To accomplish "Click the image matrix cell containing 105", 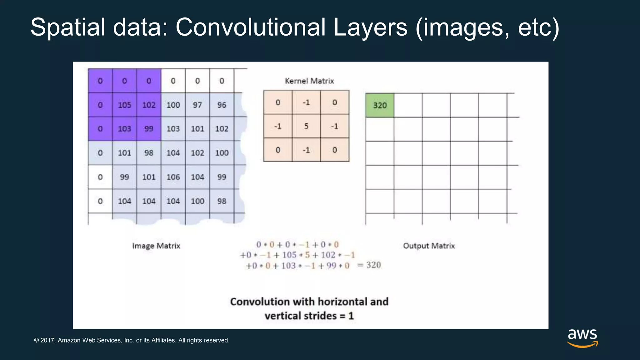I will (124, 105).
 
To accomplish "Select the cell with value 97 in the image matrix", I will (197, 105).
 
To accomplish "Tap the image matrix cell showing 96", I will (222, 105).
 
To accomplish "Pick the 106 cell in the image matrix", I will (173, 177).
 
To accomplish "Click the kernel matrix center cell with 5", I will (306, 126).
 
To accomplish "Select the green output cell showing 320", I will (380, 105).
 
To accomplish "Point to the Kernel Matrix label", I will (309, 81).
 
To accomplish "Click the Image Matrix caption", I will (156, 246).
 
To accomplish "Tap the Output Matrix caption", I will (429, 246).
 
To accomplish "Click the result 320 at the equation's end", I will (373, 265).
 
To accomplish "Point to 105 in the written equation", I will (289, 255).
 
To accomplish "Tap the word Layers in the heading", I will (370, 27).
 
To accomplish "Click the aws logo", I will (582, 337).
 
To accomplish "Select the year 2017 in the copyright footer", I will (48, 340).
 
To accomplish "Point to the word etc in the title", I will (534, 27).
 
